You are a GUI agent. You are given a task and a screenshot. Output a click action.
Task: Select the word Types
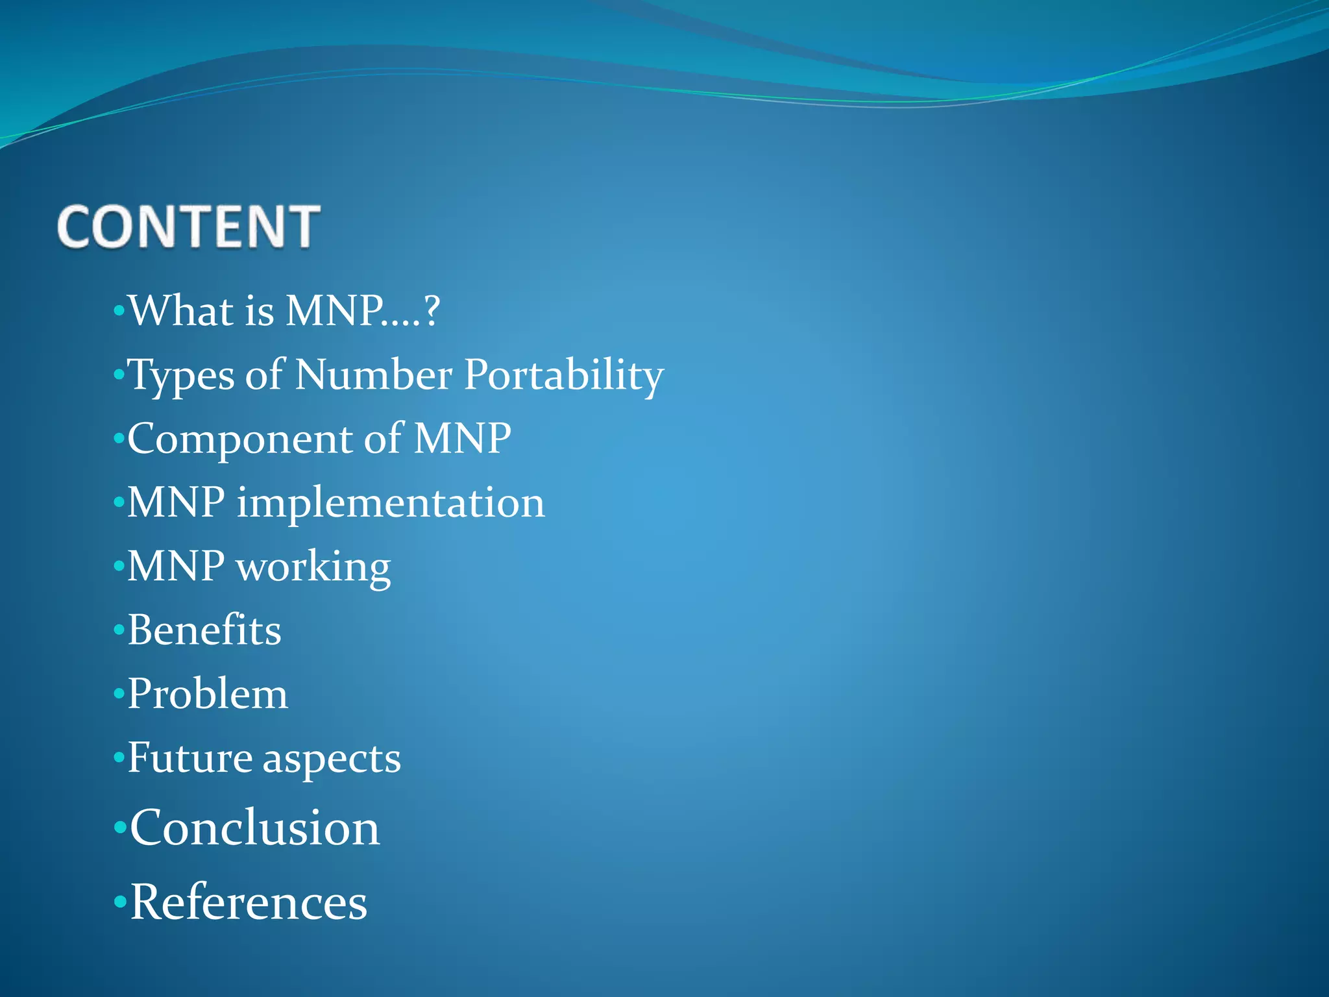(x=181, y=375)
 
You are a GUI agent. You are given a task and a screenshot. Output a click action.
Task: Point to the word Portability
(x=563, y=375)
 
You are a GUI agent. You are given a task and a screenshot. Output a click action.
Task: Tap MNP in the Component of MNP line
(x=462, y=438)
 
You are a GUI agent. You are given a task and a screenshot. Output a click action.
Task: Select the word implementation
(x=390, y=502)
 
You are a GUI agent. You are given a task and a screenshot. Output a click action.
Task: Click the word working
(x=313, y=567)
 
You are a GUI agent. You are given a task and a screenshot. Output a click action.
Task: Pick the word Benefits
(x=204, y=630)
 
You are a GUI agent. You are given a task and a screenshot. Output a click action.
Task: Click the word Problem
(x=208, y=693)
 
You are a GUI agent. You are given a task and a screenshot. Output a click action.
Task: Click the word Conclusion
(x=254, y=828)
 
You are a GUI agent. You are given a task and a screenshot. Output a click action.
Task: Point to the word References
(x=249, y=902)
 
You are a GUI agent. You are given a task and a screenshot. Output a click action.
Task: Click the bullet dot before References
(x=119, y=902)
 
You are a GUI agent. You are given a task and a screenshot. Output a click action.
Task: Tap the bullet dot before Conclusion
(x=119, y=828)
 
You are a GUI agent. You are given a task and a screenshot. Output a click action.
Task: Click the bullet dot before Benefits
(x=119, y=630)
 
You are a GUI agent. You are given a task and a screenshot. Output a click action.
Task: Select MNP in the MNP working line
(x=176, y=566)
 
